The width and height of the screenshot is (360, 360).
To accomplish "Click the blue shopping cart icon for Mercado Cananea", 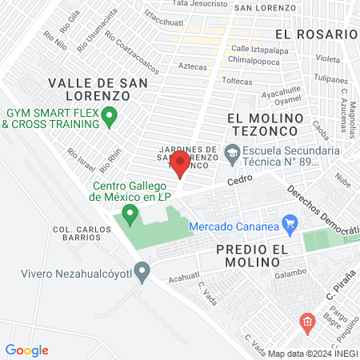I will click(290, 226).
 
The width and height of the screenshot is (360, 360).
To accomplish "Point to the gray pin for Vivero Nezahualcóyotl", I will click(142, 271).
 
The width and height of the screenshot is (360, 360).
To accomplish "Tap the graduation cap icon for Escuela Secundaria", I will click(231, 150).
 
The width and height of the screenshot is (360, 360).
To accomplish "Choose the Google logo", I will click(27, 350).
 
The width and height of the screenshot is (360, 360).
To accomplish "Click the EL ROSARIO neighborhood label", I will click(315, 34).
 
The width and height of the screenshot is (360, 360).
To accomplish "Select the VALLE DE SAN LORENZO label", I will click(89, 89).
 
